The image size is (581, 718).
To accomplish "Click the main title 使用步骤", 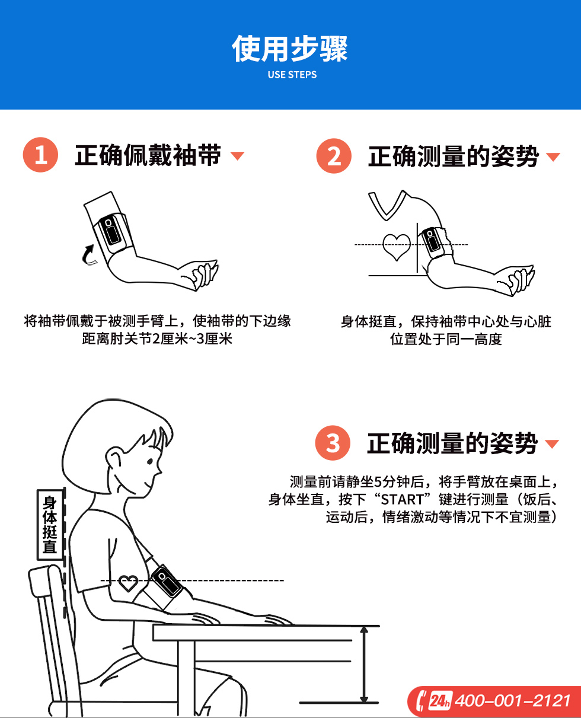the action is coord(290,49).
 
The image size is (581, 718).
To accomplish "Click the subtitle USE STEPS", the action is coord(292,75).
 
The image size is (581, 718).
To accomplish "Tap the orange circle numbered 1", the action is coord(40,155).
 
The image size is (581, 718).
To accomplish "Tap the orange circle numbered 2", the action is coord(334,156).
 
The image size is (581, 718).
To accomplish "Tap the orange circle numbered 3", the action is coord(333,442).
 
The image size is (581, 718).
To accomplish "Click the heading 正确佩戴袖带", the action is coord(148,155).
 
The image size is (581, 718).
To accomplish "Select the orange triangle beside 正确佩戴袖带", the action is coord(237,155).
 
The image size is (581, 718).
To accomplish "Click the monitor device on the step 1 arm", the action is coord(110,230).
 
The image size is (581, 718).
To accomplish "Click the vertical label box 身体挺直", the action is coord(50,525).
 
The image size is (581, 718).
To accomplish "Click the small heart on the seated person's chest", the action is coord(128,582).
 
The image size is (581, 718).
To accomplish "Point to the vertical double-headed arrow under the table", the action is coord(364,665).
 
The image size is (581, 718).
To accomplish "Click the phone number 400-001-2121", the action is coord(513,701).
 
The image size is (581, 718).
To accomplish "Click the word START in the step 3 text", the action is coord(402,500).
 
